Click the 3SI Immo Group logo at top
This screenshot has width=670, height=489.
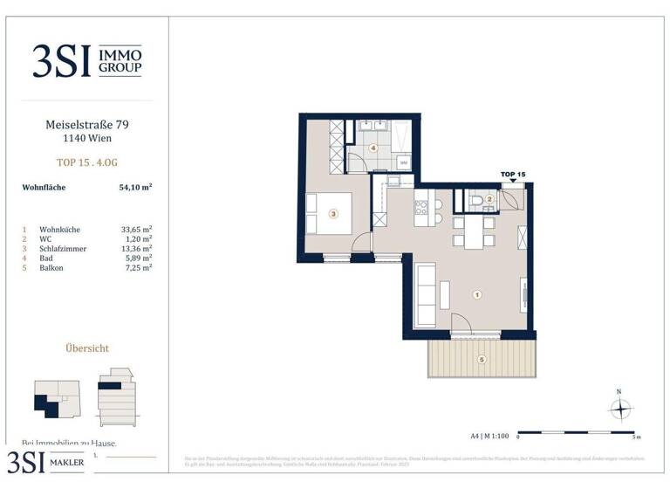coord(86,61)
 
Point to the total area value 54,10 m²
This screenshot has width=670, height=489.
coord(136,187)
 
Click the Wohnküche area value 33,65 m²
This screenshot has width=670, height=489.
coord(136,229)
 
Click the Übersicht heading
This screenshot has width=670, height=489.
coord(86,348)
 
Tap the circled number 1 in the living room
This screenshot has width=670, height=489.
coord(476,295)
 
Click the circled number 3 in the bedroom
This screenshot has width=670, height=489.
coord(332,212)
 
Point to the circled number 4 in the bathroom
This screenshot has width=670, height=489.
coord(373,148)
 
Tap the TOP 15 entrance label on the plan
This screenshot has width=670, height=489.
coord(513,175)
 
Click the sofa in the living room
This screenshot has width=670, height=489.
coord(427,295)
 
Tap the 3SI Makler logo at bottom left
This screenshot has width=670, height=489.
coord(47,462)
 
